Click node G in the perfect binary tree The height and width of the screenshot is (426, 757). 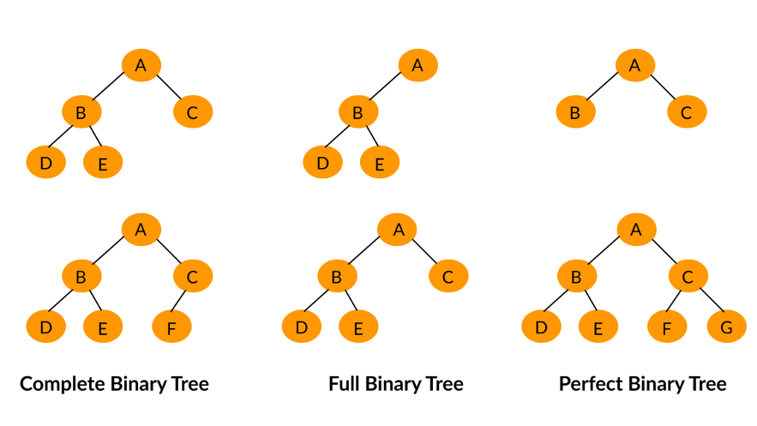[x=727, y=326]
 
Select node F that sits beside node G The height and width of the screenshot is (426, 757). [x=667, y=326]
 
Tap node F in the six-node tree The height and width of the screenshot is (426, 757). [x=171, y=326]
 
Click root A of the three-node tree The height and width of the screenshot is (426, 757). [x=635, y=65]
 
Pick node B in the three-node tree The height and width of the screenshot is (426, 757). [x=575, y=112]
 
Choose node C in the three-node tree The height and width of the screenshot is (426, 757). [x=687, y=112]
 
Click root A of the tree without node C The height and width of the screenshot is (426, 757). [x=418, y=65]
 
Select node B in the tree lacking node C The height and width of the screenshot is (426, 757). [x=358, y=112]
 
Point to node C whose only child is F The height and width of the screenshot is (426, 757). [x=193, y=276]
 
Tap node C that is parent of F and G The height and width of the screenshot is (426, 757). [x=688, y=276]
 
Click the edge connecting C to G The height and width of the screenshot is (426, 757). [x=712, y=300]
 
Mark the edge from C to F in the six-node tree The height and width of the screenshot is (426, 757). [x=178, y=301]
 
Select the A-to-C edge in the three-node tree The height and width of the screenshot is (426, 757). [x=663, y=87]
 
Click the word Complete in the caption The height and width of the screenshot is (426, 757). [x=63, y=385]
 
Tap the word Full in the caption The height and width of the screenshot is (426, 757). [x=345, y=384]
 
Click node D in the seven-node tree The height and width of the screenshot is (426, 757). [x=541, y=326]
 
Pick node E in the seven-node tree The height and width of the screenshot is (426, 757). [x=598, y=326]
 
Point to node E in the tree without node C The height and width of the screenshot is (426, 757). [x=380, y=162]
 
